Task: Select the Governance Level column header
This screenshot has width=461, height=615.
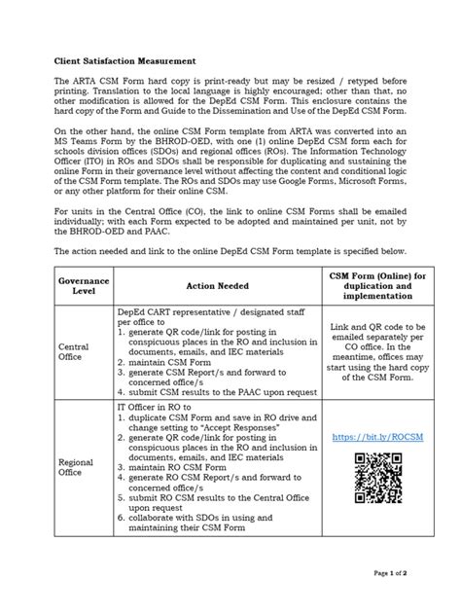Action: click(83, 285)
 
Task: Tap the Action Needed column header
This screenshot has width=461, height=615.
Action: click(217, 285)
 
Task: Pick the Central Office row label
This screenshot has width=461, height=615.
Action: click(74, 351)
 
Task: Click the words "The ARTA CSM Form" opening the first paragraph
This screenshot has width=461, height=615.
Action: click(87, 84)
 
